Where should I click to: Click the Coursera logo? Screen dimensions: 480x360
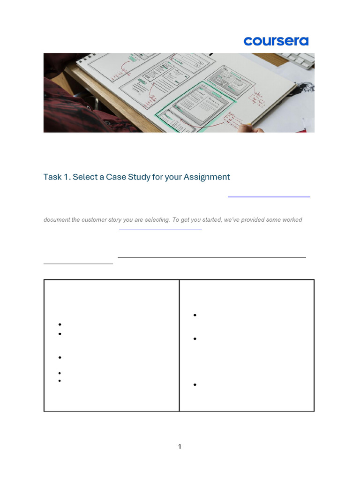pos(276,41)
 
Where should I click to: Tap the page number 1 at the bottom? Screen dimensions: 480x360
pos(180,447)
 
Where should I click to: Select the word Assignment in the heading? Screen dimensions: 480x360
pos(207,177)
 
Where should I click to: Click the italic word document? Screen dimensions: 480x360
pos(57,220)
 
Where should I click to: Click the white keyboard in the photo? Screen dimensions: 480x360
pos(300,59)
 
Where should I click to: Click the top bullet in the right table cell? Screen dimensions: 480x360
pos(194,315)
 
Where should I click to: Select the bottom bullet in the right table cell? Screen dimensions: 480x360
pos(194,385)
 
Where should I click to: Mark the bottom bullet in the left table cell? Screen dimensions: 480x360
pos(60,381)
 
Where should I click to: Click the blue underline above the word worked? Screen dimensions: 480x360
pos(269,197)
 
